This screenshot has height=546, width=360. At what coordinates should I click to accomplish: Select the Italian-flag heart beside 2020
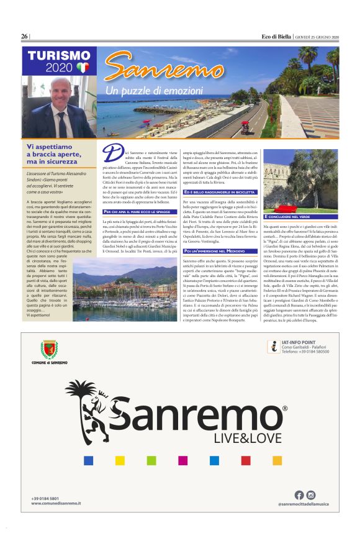[83, 67]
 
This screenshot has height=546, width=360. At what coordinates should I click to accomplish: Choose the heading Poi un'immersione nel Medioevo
[218, 250]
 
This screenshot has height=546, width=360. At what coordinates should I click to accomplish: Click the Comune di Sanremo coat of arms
[49, 349]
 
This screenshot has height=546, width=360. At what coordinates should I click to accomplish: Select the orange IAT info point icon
[272, 347]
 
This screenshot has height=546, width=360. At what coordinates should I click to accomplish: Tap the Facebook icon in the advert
[299, 495]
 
